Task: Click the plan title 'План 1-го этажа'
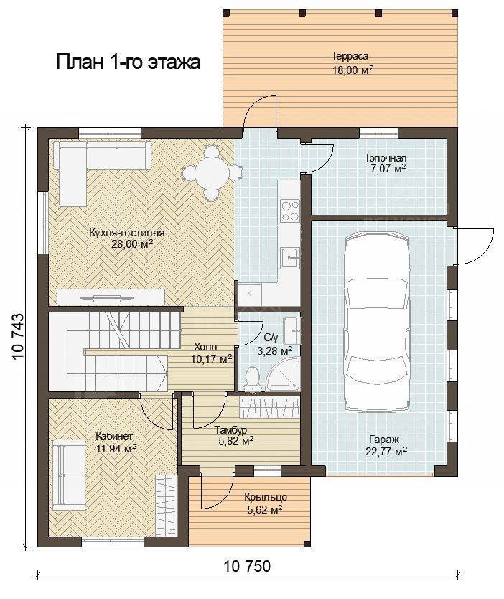(x=129, y=62)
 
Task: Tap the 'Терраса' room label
(x=350, y=56)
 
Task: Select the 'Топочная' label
(x=386, y=158)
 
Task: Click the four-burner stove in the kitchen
(x=289, y=211)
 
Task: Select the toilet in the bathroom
(x=251, y=379)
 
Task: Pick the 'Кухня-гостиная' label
(x=127, y=233)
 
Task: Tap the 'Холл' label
(x=205, y=347)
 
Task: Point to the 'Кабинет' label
(x=114, y=436)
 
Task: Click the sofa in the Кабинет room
(x=69, y=475)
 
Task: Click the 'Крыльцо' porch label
(x=266, y=498)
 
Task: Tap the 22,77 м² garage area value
(x=386, y=451)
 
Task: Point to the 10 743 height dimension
(x=18, y=337)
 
